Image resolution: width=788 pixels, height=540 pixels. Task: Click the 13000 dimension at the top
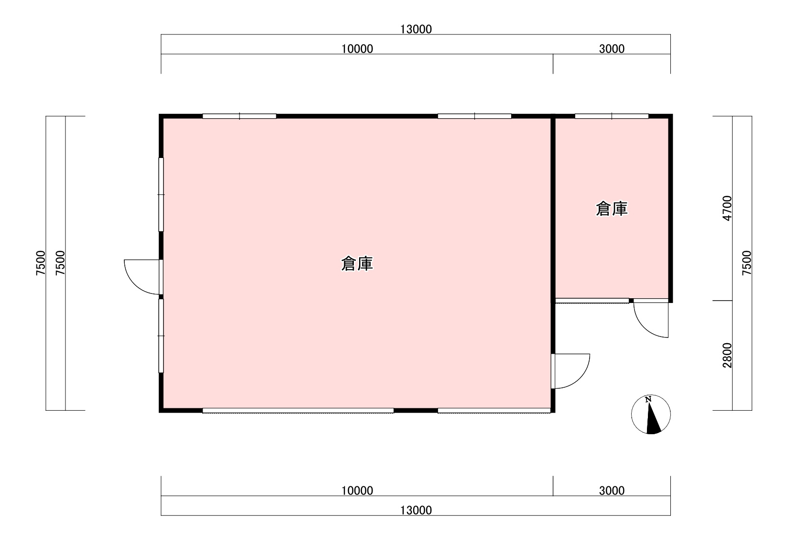coord(416,29)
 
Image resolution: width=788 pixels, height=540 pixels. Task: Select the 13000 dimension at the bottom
coord(416,510)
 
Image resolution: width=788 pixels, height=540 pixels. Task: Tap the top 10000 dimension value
coord(357,49)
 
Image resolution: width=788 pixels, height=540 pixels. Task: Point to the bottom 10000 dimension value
coord(357,490)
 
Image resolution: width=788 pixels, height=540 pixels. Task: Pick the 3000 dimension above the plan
coord(612,49)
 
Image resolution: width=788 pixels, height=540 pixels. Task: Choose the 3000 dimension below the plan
coord(612,490)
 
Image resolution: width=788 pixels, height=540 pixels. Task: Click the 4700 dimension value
coord(727,208)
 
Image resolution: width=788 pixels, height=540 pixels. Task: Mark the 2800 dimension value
coord(727,355)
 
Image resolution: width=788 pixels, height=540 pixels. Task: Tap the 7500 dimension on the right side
coord(747,263)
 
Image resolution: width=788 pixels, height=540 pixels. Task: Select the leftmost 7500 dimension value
coord(41,263)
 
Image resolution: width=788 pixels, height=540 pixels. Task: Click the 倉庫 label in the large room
coord(357,264)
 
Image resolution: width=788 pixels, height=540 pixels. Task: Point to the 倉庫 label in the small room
coord(612,209)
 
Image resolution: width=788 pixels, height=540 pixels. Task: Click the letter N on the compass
coord(648,399)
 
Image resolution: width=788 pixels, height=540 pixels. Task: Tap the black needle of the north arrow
coord(653,421)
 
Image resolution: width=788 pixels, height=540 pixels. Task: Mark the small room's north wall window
coord(612,116)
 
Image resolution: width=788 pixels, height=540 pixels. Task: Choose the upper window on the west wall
coord(161,194)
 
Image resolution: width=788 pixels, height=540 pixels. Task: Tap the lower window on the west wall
coord(161,336)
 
